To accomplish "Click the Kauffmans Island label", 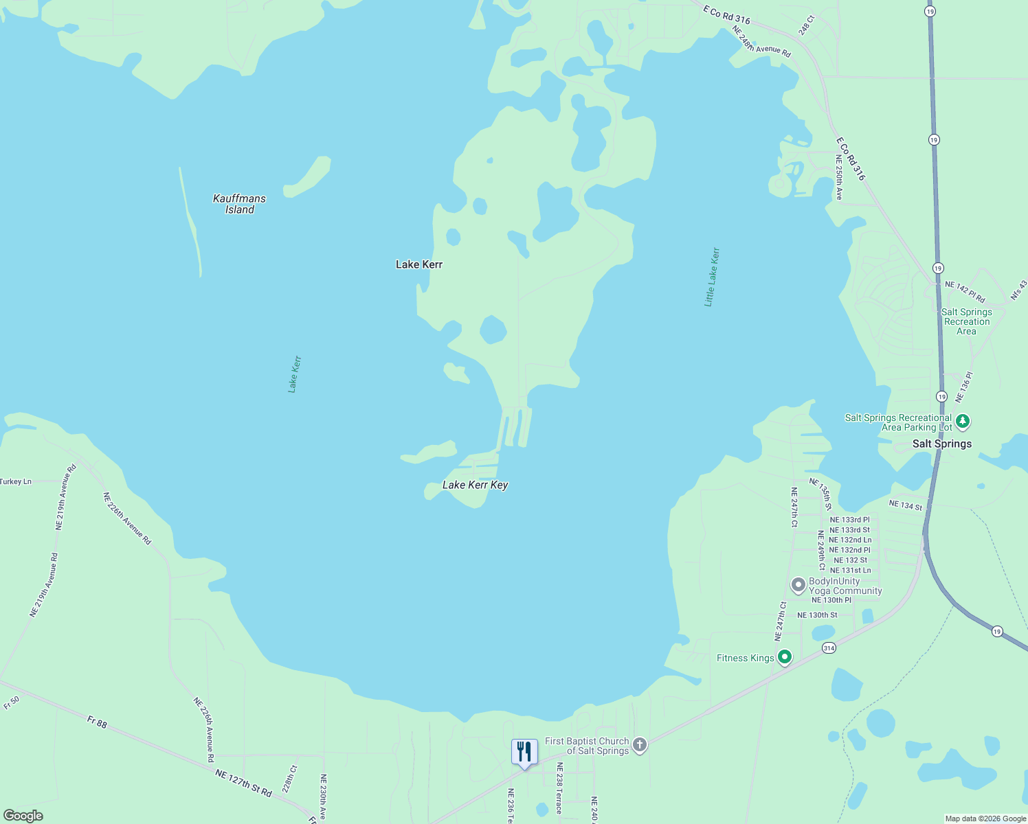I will click(239, 204).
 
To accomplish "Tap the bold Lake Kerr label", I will click(419, 264).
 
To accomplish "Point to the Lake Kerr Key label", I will click(475, 485).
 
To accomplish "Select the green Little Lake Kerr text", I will click(712, 277).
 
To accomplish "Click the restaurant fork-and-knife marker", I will click(524, 752).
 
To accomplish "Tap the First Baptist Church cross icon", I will click(640, 745).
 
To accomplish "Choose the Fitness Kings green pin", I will click(784, 657).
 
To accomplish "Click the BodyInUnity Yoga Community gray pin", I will click(798, 585).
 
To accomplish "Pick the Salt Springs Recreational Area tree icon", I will click(963, 421).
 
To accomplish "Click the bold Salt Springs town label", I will click(942, 444).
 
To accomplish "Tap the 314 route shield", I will click(829, 648).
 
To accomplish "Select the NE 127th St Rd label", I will click(243, 783).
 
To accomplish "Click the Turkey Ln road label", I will click(15, 481).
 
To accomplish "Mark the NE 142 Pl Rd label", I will click(965, 291).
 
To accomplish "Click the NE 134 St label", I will click(905, 505).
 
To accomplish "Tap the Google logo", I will click(23, 816).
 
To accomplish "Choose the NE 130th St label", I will click(817, 615).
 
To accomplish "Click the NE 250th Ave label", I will click(838, 177).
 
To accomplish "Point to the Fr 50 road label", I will click(12, 702).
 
